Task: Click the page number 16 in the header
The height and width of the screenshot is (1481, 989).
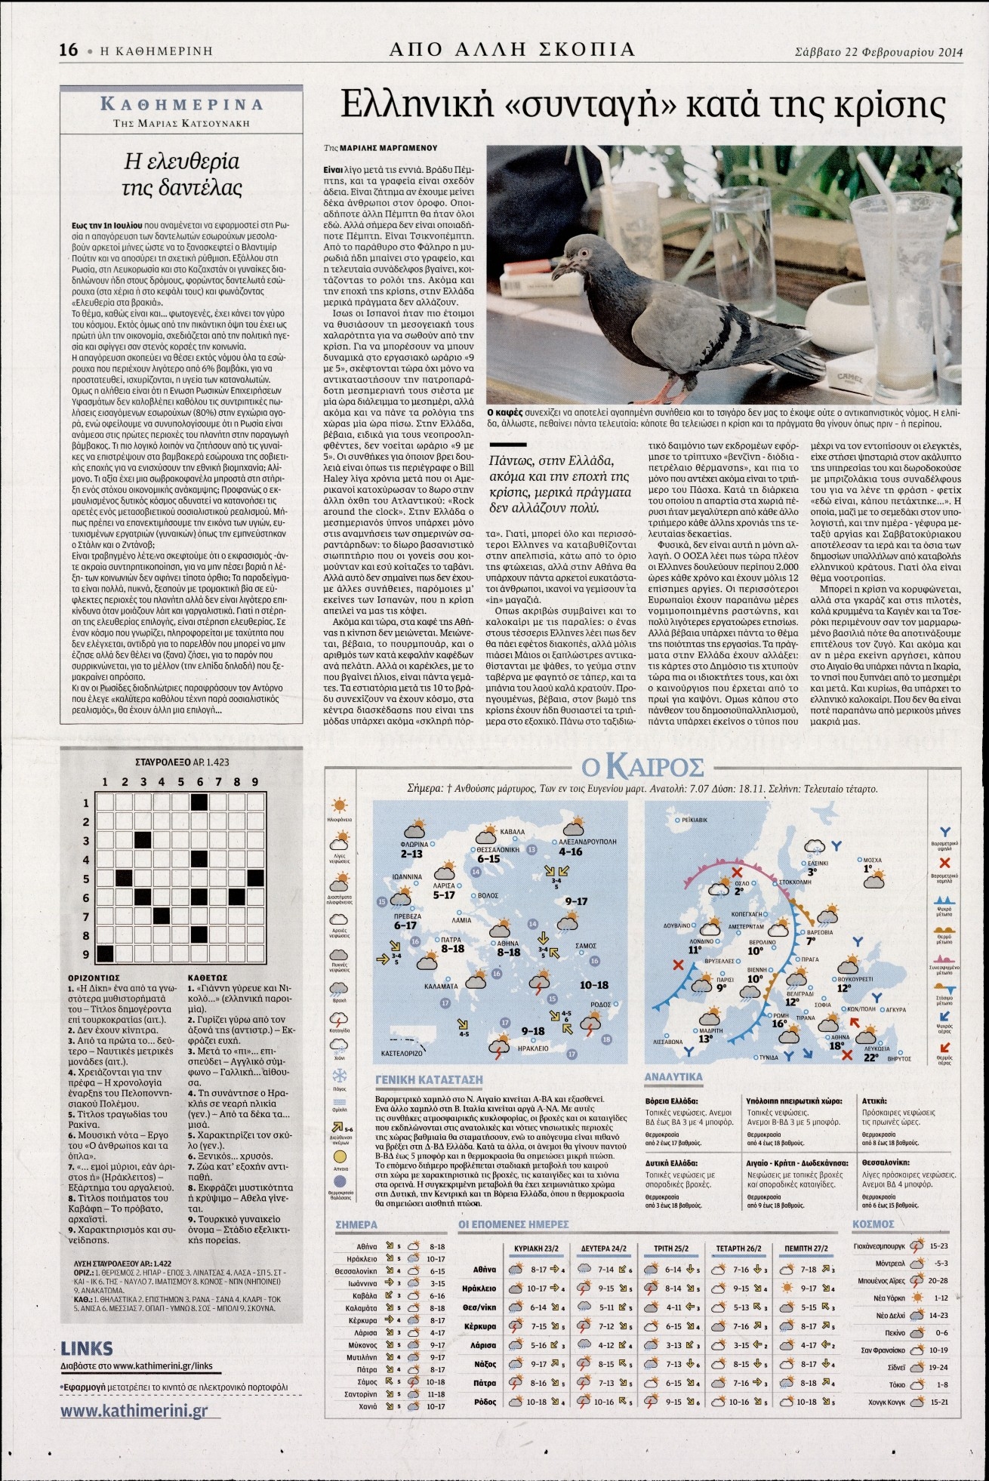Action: (68, 51)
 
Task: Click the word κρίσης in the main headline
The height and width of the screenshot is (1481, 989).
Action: (890, 106)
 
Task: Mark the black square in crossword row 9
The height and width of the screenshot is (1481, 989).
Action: (104, 953)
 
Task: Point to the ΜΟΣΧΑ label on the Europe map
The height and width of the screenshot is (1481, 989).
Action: (873, 860)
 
